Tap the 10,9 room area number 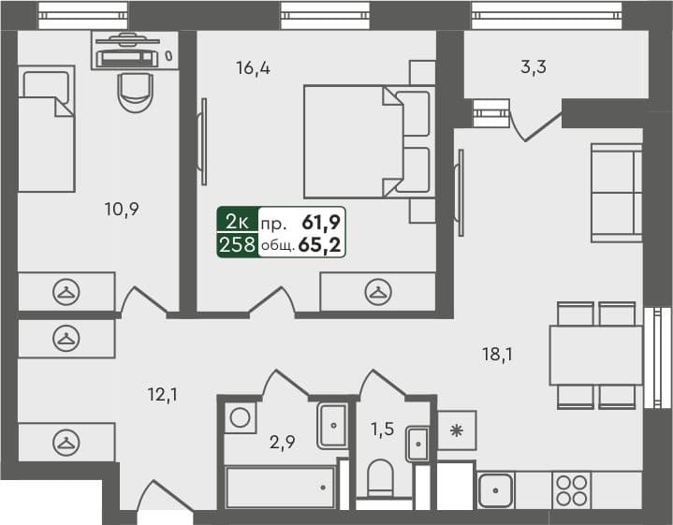(x=122, y=209)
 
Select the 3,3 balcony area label (x=534, y=66)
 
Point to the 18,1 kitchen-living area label (x=496, y=354)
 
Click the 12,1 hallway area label (x=161, y=395)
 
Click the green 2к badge (x=237, y=222)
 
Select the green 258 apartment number (x=237, y=245)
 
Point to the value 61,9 (x=320, y=222)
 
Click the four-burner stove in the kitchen (x=571, y=490)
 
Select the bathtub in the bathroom (x=280, y=488)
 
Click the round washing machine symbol (x=241, y=417)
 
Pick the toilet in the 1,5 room (x=381, y=479)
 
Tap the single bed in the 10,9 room (x=46, y=129)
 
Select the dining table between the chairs (x=595, y=355)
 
